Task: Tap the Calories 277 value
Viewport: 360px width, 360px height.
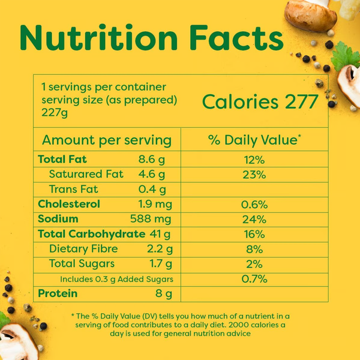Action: coord(260,102)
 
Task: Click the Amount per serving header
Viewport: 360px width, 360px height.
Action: coord(107,140)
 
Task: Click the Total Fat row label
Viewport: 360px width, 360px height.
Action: coord(62,159)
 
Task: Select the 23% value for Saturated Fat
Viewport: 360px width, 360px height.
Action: coord(254,175)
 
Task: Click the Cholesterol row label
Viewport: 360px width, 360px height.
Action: coord(69,204)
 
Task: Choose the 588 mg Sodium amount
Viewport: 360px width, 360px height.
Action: coord(151,219)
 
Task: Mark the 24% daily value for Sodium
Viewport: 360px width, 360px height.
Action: coord(254,219)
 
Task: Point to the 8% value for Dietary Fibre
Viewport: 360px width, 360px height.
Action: coord(254,249)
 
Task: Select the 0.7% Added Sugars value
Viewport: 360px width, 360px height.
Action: coord(254,279)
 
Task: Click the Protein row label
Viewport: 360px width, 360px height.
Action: coord(58,293)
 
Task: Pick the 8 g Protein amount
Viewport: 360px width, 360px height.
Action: coord(163,294)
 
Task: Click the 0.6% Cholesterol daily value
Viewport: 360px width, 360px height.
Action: coord(254,204)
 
